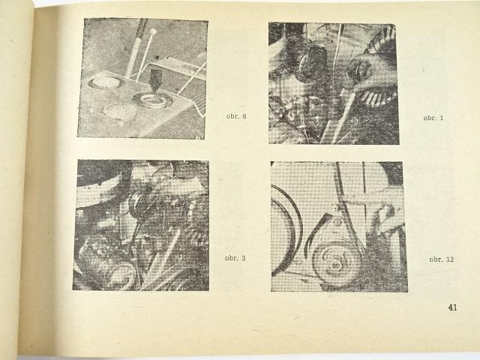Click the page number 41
[452, 307]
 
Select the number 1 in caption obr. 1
[441, 118]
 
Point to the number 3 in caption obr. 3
[243, 258]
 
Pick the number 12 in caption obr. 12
[450, 259]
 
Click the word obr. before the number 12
[436, 259]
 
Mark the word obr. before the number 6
[233, 116]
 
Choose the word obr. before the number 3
[232, 258]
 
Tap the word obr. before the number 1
[430, 118]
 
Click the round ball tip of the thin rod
[153, 31]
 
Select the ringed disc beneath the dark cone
[149, 99]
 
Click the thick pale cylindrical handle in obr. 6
[135, 49]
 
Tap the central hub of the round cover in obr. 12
[336, 262]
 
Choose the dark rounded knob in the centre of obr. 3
[136, 204]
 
